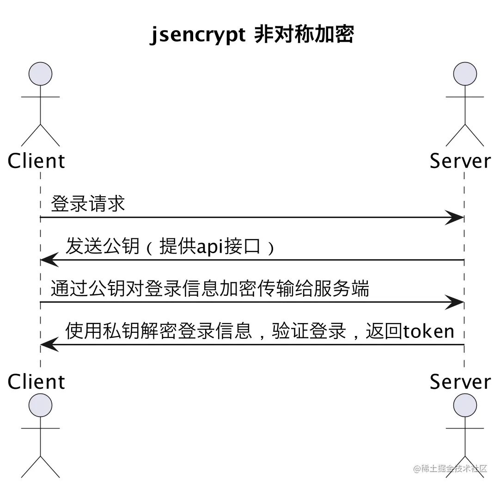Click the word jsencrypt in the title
(198, 35)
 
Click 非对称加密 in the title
(304, 35)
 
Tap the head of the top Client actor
(41, 74)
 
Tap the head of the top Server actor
(464, 74)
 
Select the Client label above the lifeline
(37, 161)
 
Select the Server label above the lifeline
(460, 161)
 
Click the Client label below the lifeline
(37, 381)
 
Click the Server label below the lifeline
(460, 381)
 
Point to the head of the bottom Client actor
(41, 405)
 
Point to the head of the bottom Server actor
(464, 405)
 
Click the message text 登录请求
(88, 203)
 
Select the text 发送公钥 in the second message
(103, 246)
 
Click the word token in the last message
(429, 331)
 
